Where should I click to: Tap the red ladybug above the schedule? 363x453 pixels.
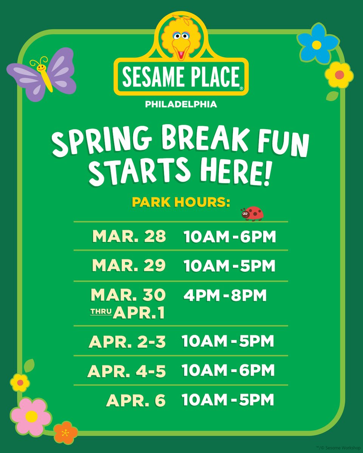253,213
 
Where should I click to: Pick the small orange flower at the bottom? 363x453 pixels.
66,433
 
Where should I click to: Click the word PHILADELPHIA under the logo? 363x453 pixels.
181,104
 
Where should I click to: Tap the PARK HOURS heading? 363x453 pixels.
181,202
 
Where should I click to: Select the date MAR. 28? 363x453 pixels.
129,236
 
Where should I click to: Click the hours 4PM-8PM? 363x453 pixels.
225,296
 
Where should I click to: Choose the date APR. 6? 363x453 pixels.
136,400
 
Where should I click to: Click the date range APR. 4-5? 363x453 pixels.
127,371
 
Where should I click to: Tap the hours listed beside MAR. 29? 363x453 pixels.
230,266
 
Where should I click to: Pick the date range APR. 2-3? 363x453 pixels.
127,342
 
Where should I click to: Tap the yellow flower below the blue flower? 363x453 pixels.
339,75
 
